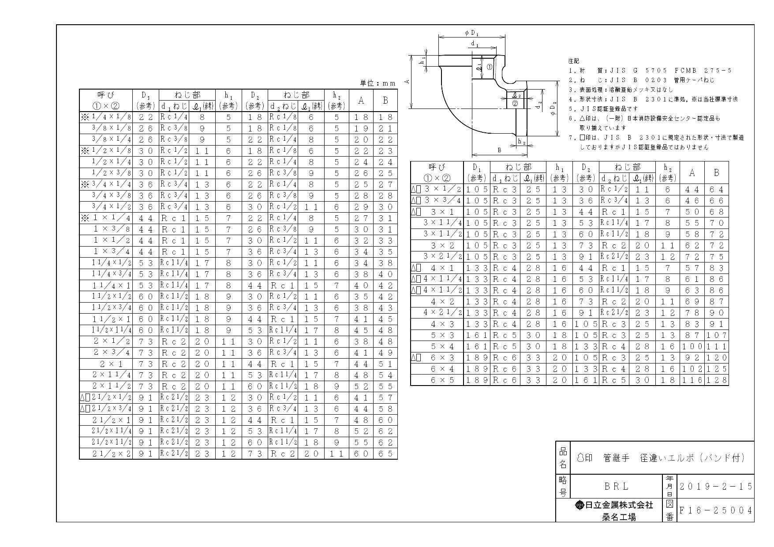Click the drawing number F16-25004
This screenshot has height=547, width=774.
tap(715, 510)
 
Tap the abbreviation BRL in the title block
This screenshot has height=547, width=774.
tap(616, 487)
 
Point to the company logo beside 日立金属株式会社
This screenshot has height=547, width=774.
tap(580, 505)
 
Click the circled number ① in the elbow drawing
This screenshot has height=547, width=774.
tap(489, 67)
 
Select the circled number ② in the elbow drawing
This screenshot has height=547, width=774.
tap(514, 104)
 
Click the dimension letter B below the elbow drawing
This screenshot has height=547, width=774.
tap(500, 150)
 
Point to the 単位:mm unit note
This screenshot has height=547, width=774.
tap(378, 83)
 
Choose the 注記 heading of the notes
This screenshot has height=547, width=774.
tap(573, 61)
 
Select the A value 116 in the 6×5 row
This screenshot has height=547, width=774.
tap(692, 380)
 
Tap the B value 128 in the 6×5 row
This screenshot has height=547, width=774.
tap(717, 380)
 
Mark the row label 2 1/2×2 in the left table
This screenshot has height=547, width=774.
tap(112, 453)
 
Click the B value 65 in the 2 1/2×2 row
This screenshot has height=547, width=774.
tap(385, 453)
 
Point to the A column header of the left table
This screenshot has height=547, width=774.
tap(361, 100)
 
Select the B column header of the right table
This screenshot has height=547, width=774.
tap(716, 172)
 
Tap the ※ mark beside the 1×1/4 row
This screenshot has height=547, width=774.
tap(85, 218)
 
